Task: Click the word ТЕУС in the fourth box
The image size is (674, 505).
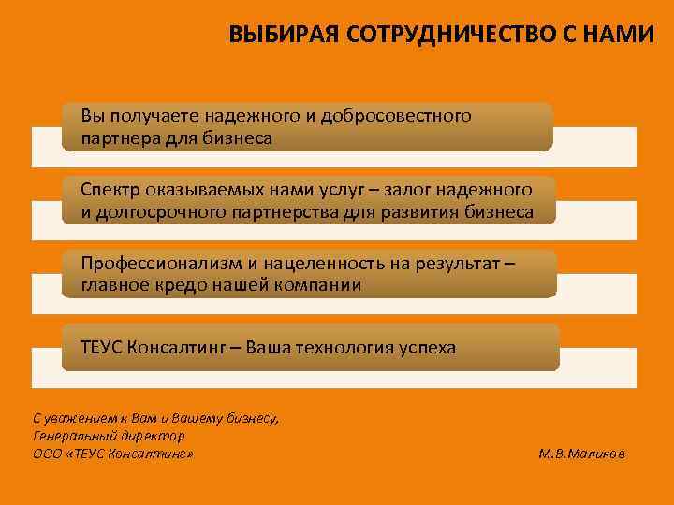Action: tap(102, 348)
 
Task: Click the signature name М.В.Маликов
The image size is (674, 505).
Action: tap(584, 454)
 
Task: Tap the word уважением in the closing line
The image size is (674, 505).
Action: tap(79, 418)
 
